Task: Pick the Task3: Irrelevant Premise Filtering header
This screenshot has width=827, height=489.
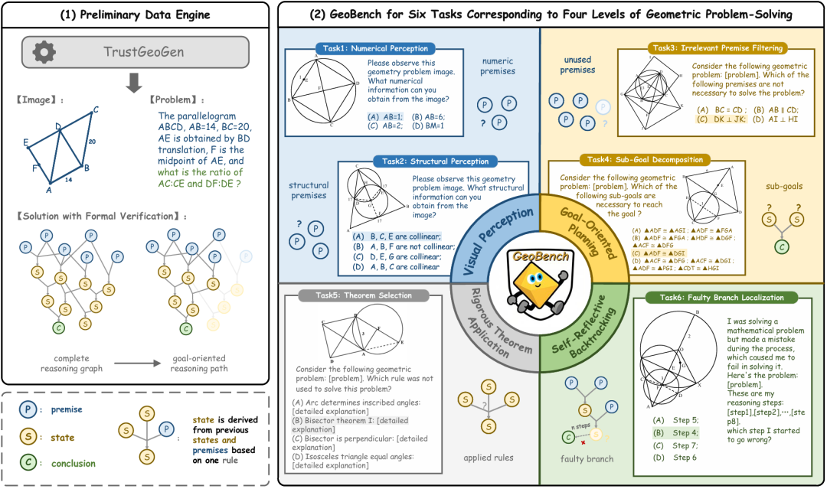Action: click(716, 47)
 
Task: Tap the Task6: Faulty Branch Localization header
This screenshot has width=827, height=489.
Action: click(721, 297)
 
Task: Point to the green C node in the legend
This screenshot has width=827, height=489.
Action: click(26, 463)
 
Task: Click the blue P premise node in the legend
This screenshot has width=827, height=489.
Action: click(26, 409)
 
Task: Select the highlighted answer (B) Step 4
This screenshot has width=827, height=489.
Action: click(674, 432)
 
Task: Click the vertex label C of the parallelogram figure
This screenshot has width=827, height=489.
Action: click(96, 109)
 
